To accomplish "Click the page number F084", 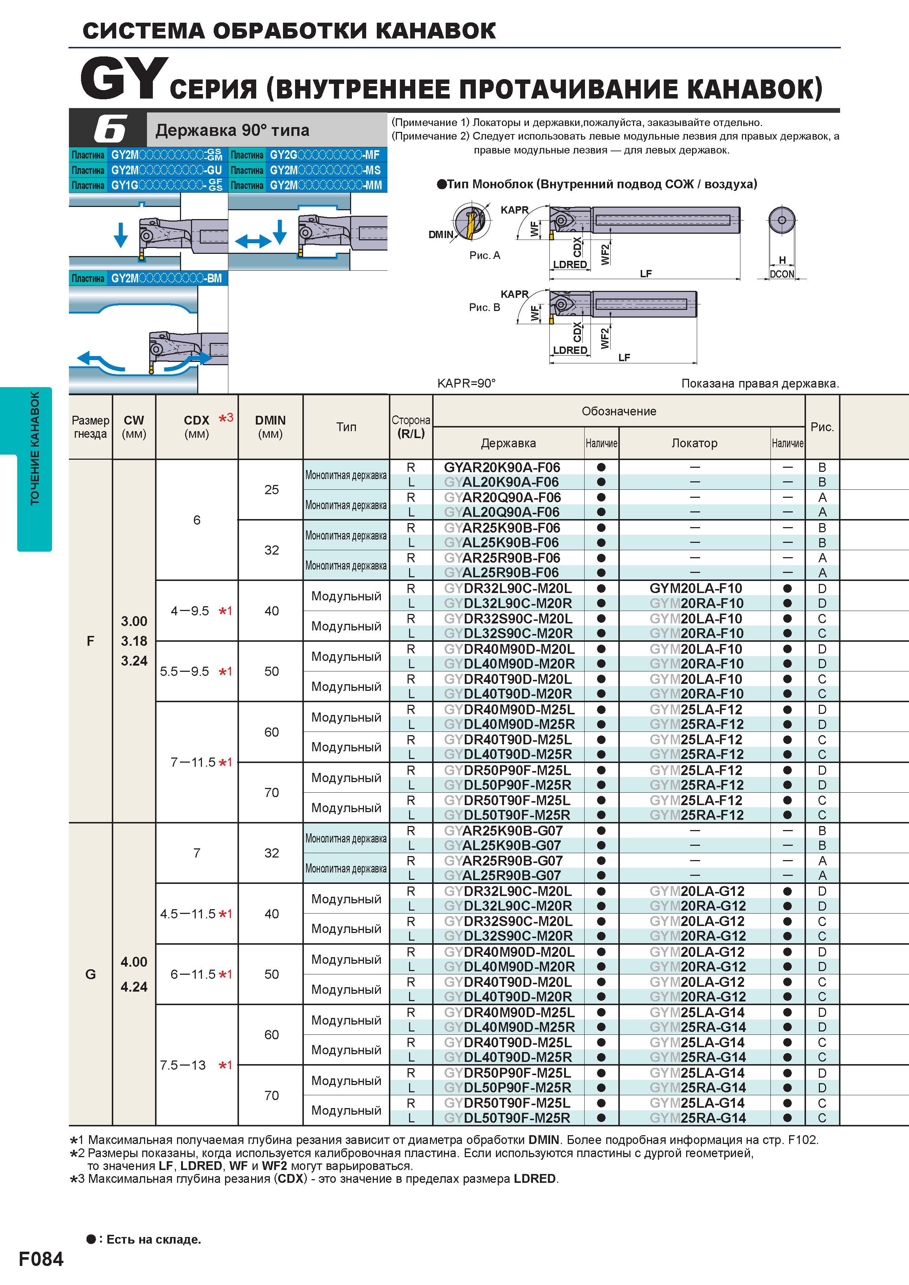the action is point(41,1259).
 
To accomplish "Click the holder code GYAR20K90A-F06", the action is point(502,467).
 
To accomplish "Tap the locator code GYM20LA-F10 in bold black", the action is point(696,588).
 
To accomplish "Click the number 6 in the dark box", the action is point(110,129).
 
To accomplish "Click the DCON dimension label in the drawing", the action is point(782,274).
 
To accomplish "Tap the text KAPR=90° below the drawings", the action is point(467,384).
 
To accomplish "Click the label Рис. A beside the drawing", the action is point(485,255).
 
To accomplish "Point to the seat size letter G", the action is point(90,974).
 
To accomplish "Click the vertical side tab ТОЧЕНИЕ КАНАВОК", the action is point(35,448).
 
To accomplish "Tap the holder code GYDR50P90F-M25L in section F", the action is point(507,770).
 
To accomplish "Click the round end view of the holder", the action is point(782,220).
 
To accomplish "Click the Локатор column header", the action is point(695,443).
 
